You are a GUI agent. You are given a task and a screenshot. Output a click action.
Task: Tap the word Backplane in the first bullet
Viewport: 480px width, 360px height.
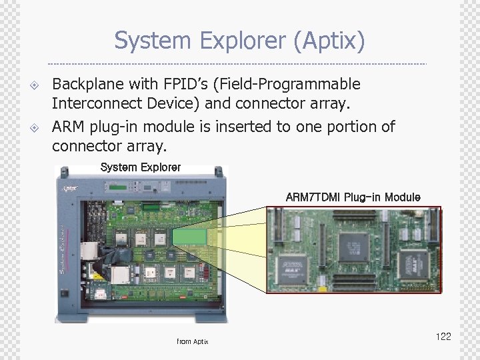tap(85, 85)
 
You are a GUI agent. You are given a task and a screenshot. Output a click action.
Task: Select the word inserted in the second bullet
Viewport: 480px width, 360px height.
tap(243, 127)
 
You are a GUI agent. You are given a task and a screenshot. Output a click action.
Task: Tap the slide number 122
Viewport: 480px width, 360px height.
tap(443, 337)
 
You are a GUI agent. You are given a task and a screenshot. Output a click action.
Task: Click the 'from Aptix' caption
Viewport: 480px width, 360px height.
tap(193, 341)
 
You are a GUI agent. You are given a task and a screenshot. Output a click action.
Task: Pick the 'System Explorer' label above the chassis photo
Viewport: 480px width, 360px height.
tap(140, 167)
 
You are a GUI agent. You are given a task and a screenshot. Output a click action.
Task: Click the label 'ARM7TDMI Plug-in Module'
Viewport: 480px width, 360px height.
tap(353, 197)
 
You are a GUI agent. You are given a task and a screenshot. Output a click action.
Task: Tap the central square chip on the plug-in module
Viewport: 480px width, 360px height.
tap(354, 247)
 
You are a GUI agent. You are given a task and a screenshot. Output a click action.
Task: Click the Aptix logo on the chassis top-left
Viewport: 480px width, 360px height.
tap(70, 188)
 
